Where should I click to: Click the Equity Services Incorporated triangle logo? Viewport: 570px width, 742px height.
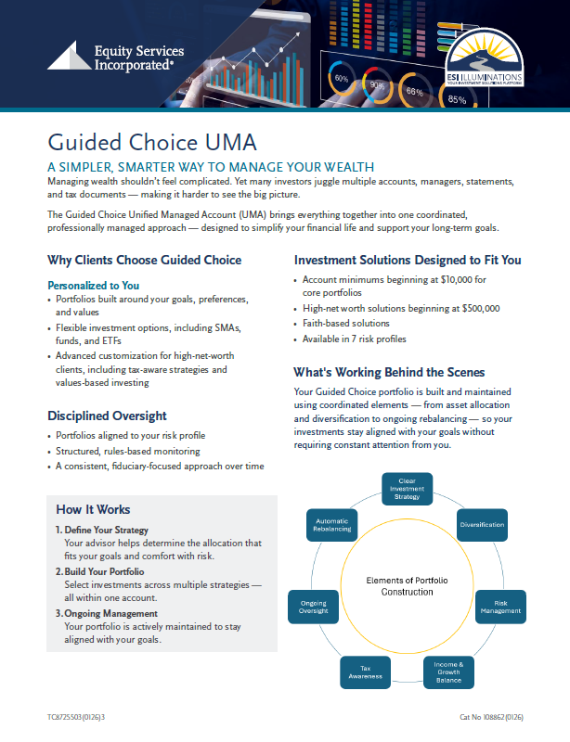pos(68,57)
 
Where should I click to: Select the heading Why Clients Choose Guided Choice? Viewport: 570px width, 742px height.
pos(144,260)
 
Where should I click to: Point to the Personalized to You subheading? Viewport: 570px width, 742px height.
pos(93,286)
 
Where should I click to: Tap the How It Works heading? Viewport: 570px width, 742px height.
pos(93,509)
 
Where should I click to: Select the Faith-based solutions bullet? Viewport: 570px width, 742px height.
pos(345,323)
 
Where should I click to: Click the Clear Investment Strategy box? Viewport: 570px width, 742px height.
pos(407,488)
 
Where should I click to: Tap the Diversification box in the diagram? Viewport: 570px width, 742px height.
pos(482,525)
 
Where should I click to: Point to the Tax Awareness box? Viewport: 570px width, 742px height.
pos(358,672)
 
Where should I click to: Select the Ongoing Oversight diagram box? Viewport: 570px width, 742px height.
pos(313,608)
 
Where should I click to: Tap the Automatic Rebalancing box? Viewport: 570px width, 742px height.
pos(332,525)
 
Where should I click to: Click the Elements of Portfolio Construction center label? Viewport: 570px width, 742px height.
pos(407,585)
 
